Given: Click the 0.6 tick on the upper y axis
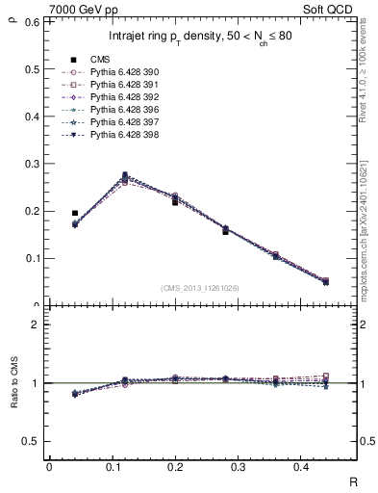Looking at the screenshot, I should [x=34, y=21].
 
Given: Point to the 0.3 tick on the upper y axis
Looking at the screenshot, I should [x=34, y=164].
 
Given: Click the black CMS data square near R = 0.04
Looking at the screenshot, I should [x=75, y=213].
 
